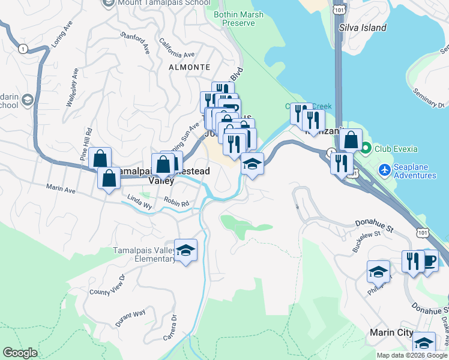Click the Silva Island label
coord(363,28)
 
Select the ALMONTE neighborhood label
coord(190,67)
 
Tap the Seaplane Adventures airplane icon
coord(385,170)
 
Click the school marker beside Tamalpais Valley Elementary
coord(186,250)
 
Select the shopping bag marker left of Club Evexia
coord(351,140)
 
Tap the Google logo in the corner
coord(20,353)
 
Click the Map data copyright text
coord(412,355)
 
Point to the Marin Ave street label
coord(61,188)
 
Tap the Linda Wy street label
coord(140,202)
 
